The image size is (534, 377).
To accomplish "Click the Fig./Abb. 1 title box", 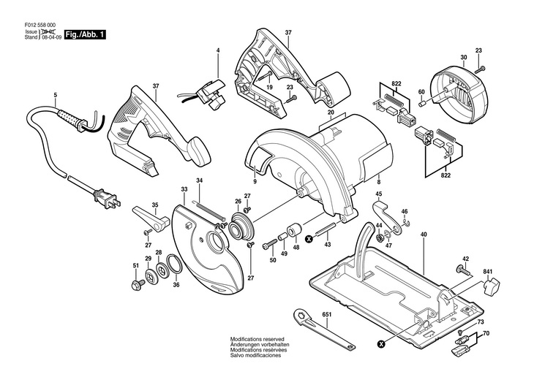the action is click(x=85, y=35).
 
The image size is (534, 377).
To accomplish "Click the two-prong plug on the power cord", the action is click(x=108, y=199).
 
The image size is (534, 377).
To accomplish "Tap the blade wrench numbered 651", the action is click(x=323, y=329).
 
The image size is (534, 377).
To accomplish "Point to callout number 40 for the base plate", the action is click(x=424, y=235).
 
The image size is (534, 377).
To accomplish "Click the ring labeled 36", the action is click(x=173, y=264).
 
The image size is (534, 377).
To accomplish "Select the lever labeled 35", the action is click(x=151, y=218).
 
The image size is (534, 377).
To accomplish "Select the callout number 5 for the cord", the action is click(x=56, y=96).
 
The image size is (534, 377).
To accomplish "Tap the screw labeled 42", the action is click(x=463, y=271).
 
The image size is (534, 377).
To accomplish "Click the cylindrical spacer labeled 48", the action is click(x=294, y=230).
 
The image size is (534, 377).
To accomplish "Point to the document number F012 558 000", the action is click(x=40, y=25).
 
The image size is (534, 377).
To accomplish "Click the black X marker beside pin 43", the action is click(x=309, y=240).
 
